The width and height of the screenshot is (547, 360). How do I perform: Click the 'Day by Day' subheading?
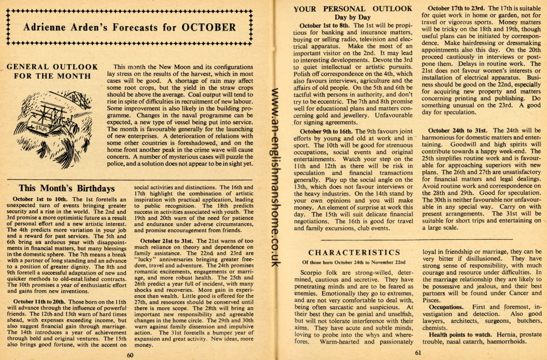(x=353, y=17)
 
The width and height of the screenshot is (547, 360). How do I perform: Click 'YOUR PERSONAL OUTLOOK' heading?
(x=353, y=8)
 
